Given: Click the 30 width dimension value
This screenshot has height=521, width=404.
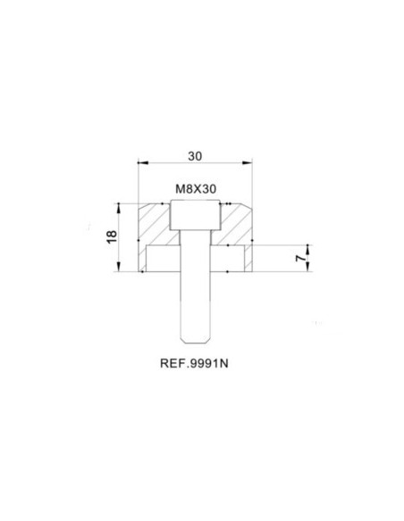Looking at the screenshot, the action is [x=195, y=156].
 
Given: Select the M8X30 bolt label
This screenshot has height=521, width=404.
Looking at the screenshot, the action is [x=196, y=189].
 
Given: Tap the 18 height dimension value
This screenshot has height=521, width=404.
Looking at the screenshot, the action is [x=112, y=236].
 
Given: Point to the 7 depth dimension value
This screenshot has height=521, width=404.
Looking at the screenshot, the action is [x=300, y=258].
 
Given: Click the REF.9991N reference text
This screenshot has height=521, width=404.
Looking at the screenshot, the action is [x=194, y=363].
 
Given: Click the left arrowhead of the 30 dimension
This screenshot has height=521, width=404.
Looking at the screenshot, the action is [x=142, y=162].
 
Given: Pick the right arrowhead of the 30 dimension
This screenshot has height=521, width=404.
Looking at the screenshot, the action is [x=248, y=162].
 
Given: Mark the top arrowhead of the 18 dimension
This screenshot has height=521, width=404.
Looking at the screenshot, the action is [x=119, y=209].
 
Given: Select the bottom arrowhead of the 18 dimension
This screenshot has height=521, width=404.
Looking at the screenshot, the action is [x=119, y=267].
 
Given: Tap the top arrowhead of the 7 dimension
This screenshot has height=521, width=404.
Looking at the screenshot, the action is [x=307, y=249].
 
